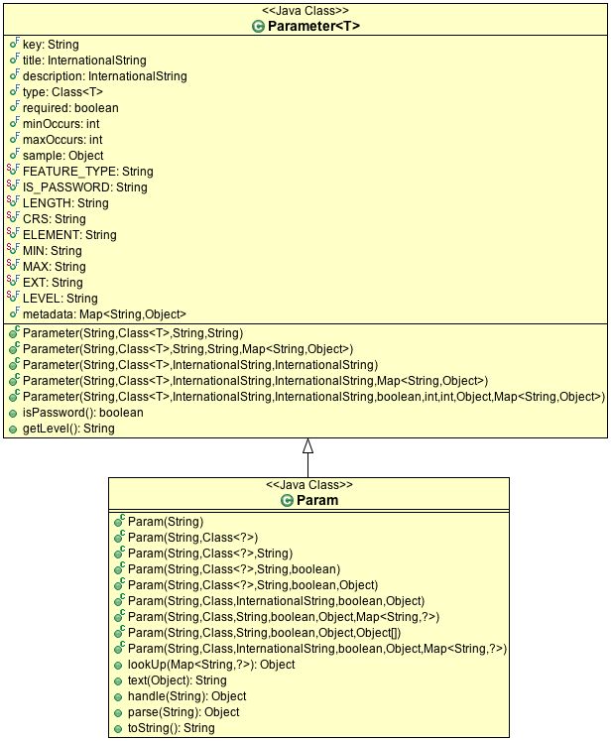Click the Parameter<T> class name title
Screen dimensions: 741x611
tap(313, 27)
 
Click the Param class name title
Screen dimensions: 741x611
tap(317, 501)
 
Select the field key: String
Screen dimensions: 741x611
tap(51, 45)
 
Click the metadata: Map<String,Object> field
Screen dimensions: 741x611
tap(104, 314)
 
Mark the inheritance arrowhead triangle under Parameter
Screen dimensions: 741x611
tap(307, 445)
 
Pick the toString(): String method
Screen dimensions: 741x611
tap(170, 727)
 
